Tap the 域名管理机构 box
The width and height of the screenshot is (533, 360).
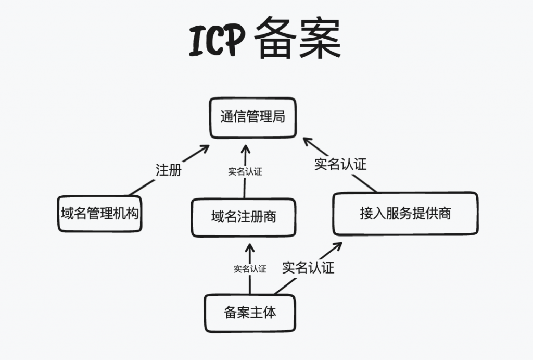tap(100, 213)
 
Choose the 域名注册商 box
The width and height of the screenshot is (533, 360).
tap(244, 217)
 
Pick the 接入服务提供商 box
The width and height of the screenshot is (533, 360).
tap(405, 213)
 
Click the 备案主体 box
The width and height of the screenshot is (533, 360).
tap(250, 313)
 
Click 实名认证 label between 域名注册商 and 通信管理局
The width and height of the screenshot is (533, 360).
tap(245, 171)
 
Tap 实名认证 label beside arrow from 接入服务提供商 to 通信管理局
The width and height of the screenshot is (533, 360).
tap(340, 164)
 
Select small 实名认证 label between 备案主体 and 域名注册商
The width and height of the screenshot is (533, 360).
tap(250, 269)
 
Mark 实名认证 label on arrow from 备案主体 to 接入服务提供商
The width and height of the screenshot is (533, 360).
tap(308, 268)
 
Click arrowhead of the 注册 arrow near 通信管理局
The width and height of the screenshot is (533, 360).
tap(205, 149)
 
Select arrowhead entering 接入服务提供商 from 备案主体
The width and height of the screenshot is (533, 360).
tap(338, 245)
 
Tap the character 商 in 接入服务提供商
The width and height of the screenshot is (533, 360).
tap(444, 213)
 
